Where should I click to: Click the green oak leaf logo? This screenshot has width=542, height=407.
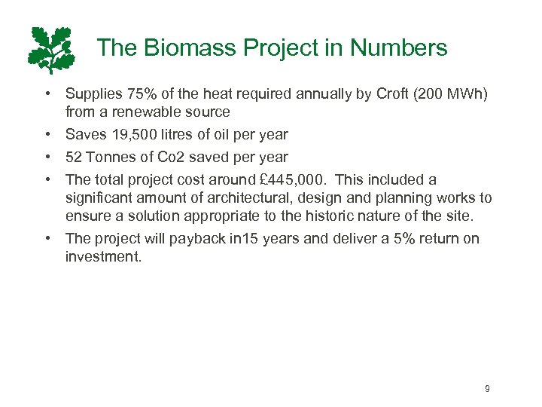(x=52, y=50)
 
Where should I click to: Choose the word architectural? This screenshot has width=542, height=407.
(x=259, y=197)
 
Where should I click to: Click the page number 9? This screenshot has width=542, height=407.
(x=487, y=388)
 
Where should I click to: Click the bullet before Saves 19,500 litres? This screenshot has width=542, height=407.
(x=47, y=135)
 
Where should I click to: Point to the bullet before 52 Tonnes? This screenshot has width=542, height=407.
(x=47, y=158)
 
